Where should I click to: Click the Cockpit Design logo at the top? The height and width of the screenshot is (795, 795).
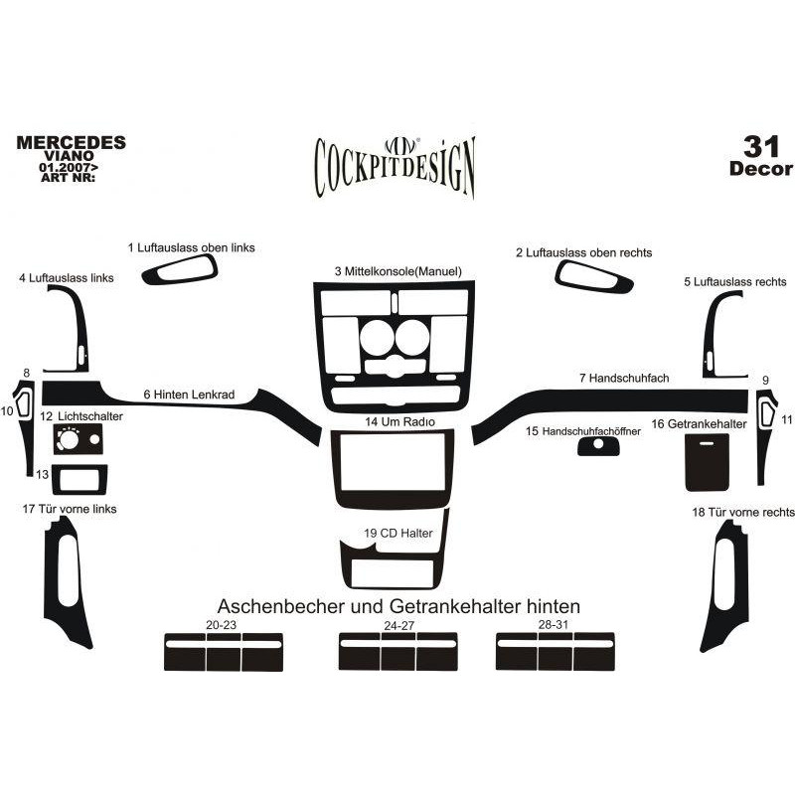(x=395, y=166)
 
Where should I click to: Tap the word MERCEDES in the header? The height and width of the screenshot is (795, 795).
(x=71, y=142)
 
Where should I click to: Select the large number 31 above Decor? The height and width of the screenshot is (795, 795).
(x=760, y=146)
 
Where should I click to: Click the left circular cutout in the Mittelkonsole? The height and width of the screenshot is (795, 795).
(x=377, y=338)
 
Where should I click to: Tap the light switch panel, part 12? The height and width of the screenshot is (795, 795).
(x=78, y=439)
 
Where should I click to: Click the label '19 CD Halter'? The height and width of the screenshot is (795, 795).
(x=398, y=534)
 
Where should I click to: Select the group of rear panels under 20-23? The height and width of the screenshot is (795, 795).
(x=224, y=652)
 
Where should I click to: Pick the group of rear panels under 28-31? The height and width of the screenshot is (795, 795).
(x=556, y=652)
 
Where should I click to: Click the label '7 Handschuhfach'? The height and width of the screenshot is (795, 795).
(x=624, y=379)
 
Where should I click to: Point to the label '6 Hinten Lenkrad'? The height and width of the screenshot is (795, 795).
(x=189, y=395)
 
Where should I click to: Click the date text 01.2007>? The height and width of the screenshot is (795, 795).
(x=69, y=167)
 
